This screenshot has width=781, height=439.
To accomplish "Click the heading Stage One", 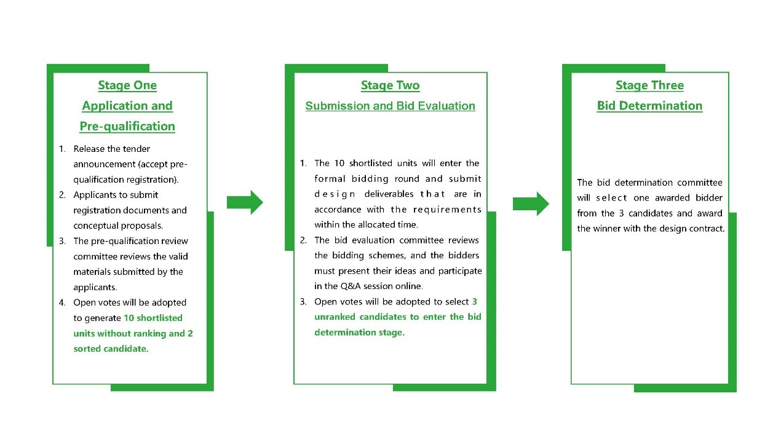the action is coord(127,85).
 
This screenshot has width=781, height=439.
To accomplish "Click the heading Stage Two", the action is coord(390,85).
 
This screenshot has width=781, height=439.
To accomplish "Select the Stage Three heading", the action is coord(649,85).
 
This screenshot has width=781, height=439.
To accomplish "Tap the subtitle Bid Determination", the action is coord(649,106).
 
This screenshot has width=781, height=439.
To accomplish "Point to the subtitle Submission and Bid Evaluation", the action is coord(390,106).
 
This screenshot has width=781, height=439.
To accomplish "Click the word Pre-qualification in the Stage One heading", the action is coord(127,126).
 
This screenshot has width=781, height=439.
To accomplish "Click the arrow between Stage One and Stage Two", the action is coord(245,202).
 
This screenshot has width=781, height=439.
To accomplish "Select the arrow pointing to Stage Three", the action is coord(531,204).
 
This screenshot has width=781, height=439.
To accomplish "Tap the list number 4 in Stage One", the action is coord(62,303).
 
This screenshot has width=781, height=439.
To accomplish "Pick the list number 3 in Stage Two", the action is coord(303,302).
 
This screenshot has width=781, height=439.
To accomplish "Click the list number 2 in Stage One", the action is coord(62,195).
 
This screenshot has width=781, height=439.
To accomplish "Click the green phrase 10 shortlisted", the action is coord(153,318).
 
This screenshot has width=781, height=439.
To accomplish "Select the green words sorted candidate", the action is coord(111,349).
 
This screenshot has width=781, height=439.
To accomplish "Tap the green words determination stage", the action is coord(360,332).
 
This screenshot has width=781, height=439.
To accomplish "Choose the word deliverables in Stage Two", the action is coord(389,194).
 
